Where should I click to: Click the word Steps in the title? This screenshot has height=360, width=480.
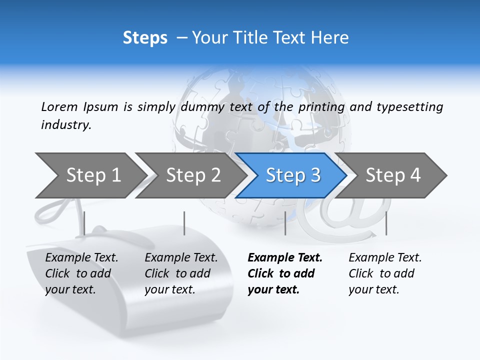(x=145, y=38)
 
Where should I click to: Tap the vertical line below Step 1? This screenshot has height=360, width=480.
(x=84, y=223)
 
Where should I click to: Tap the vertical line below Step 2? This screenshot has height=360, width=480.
(x=184, y=223)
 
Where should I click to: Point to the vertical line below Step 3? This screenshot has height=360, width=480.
(x=285, y=223)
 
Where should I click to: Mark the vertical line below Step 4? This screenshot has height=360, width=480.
(x=386, y=223)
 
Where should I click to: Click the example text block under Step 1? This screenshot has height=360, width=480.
(x=81, y=273)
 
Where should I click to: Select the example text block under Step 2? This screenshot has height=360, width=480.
(x=180, y=273)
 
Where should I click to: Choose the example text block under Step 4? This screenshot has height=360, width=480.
(x=384, y=273)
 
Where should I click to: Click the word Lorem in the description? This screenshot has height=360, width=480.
(x=59, y=106)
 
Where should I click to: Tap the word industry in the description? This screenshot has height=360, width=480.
(x=66, y=125)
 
